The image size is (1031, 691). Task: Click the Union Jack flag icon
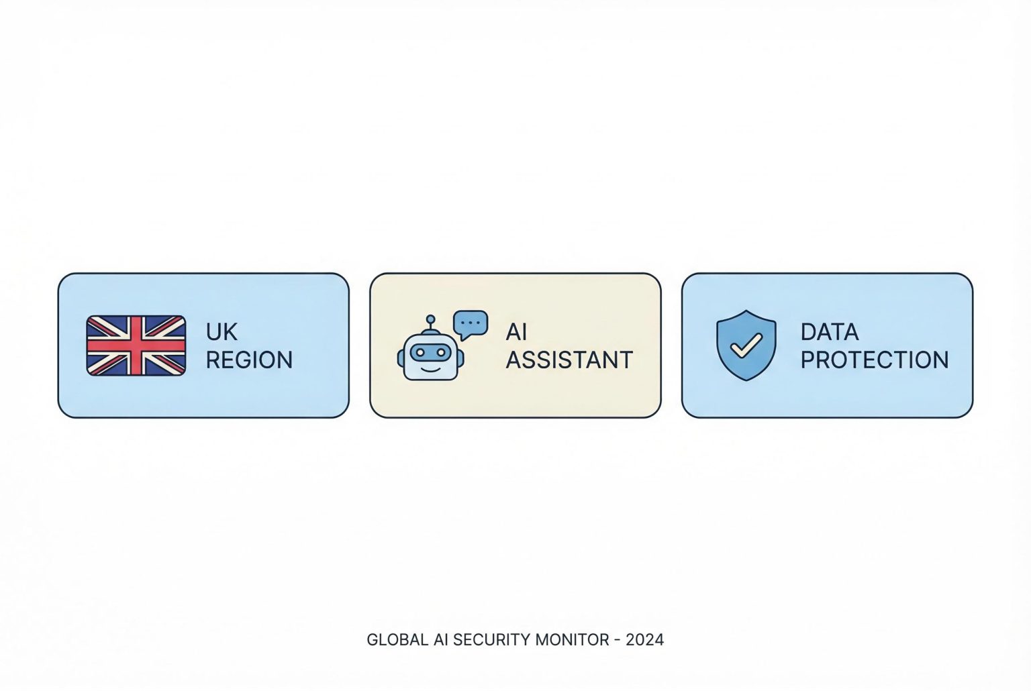136,345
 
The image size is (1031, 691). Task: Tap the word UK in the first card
222,332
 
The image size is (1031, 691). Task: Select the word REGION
249,360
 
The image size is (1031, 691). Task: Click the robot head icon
430,356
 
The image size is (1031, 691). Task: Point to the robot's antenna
430,321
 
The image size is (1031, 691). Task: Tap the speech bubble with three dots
471,324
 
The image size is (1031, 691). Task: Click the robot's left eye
420,351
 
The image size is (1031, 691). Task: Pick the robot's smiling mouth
430,367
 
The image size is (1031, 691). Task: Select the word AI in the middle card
516,332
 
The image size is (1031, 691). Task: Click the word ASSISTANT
569,360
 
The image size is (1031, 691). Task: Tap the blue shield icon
746,345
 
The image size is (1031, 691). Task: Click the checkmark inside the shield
746,345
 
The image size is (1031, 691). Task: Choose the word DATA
829,332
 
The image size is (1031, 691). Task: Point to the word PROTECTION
874,360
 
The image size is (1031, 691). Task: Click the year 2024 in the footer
644,640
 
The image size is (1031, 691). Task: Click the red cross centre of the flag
136,345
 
